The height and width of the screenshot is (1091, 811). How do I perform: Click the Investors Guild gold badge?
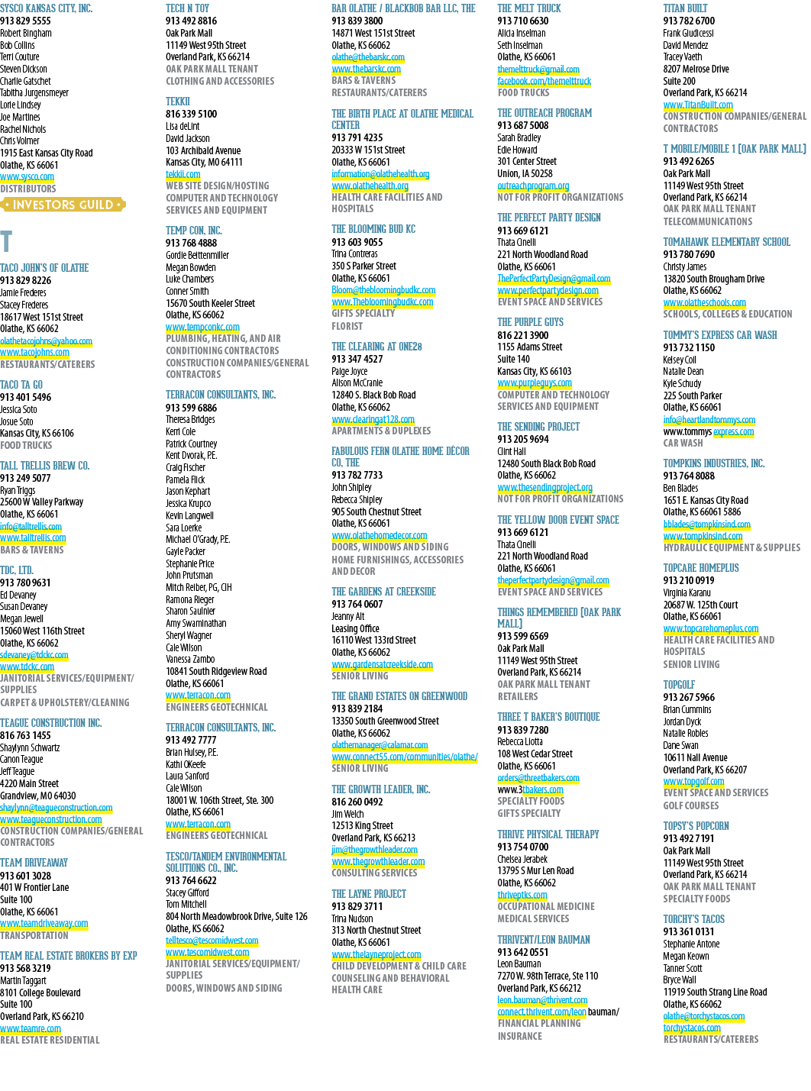63,204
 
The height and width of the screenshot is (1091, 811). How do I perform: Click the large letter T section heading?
6,241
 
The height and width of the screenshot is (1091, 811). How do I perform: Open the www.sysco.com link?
27,176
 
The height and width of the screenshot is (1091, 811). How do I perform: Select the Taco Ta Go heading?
21,385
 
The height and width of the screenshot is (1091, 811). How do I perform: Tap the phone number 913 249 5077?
25,478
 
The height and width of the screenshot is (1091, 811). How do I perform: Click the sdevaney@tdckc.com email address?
34,655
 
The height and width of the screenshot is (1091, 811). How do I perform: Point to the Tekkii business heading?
178,102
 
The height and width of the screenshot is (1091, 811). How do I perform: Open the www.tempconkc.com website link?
203,327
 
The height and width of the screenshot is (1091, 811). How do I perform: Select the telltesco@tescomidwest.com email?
212,940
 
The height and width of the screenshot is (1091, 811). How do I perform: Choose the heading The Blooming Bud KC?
373,229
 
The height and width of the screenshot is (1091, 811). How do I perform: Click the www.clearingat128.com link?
373,419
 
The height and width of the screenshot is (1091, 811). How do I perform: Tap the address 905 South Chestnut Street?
376,512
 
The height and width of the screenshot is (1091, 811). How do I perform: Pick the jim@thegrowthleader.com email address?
374,849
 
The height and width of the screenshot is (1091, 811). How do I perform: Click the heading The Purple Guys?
530,322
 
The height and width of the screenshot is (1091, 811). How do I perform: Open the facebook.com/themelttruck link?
544,81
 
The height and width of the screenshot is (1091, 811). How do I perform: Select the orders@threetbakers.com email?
538,777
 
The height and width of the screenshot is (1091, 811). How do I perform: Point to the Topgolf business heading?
679,684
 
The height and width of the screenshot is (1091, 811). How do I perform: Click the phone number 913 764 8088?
689,475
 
